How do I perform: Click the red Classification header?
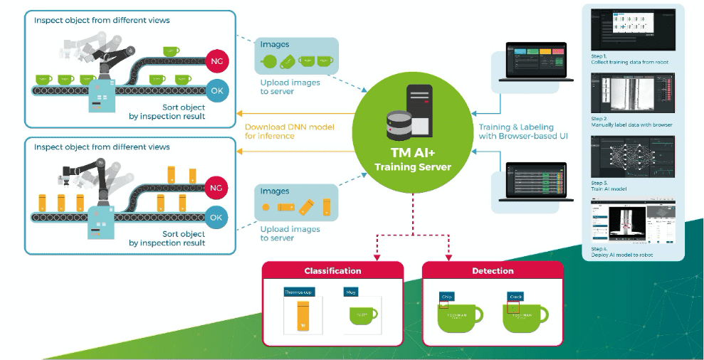pyautogui.click(x=332, y=271)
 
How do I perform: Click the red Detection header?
pyautogui.click(x=493, y=271)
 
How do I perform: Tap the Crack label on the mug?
pyautogui.click(x=516, y=296)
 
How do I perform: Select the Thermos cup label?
pyautogui.click(x=299, y=292)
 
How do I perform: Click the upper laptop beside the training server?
pyautogui.click(x=535, y=63)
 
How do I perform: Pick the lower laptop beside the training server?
pyautogui.click(x=535, y=183)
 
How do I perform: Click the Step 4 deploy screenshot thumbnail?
pyautogui.click(x=633, y=224)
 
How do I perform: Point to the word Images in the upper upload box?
pyautogui.click(x=275, y=45)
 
